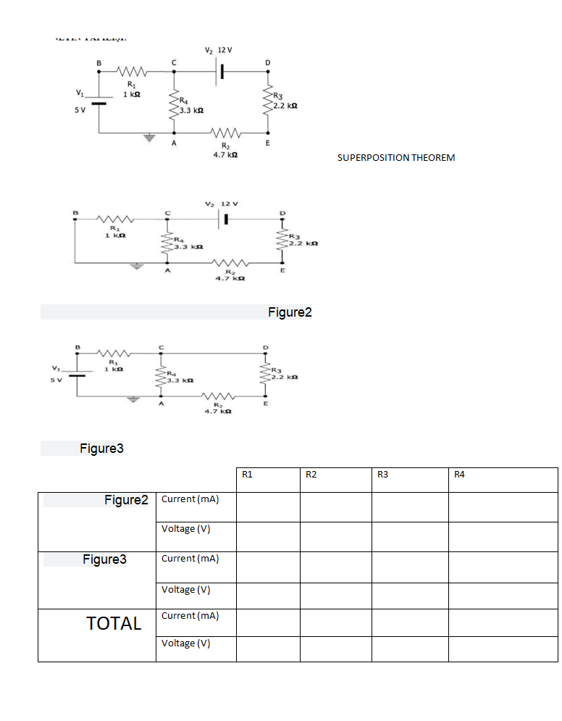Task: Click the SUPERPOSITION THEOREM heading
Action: pyautogui.click(x=396, y=157)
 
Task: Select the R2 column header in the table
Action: pyautogui.click(x=311, y=475)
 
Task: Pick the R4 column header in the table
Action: pyautogui.click(x=458, y=475)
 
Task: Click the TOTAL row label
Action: pyautogui.click(x=114, y=623)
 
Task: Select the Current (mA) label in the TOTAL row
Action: pyautogui.click(x=190, y=615)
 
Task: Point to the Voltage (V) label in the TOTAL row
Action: pyautogui.click(x=186, y=643)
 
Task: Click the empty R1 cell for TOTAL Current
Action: pyautogui.click(x=268, y=622)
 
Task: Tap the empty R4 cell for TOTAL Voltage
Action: pyautogui.click(x=503, y=649)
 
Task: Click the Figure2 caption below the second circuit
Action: pyautogui.click(x=290, y=312)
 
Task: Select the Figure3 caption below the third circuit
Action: pyautogui.click(x=101, y=449)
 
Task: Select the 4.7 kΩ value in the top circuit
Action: pyautogui.click(x=222, y=155)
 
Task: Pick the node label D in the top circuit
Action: pyautogui.click(x=268, y=62)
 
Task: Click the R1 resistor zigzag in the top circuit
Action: pyautogui.click(x=131, y=71)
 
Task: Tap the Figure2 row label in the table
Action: pyautogui.click(x=126, y=500)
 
